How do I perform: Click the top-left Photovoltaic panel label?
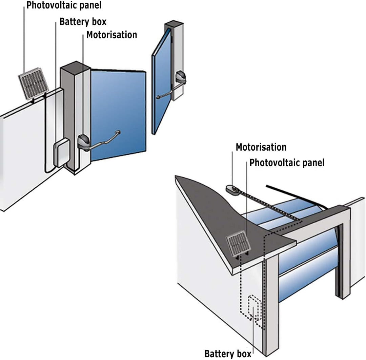pyautogui.click(x=64, y=5)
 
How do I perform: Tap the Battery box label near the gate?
pyautogui.click(x=83, y=22)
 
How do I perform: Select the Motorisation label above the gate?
pyautogui.click(x=111, y=35)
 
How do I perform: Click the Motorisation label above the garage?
pyautogui.click(x=261, y=147)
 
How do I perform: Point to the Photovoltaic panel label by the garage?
pyautogui.click(x=287, y=163)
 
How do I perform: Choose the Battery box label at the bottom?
pyautogui.click(x=228, y=354)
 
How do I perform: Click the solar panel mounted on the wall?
pyautogui.click(x=34, y=83)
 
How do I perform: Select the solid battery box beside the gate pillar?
pyautogui.click(x=61, y=153)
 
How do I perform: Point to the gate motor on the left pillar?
pyautogui.click(x=84, y=142)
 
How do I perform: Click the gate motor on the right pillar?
pyautogui.click(x=181, y=77)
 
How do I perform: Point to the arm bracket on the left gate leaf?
pyautogui.click(x=118, y=132)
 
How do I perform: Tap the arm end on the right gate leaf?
pyautogui.click(x=158, y=97)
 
